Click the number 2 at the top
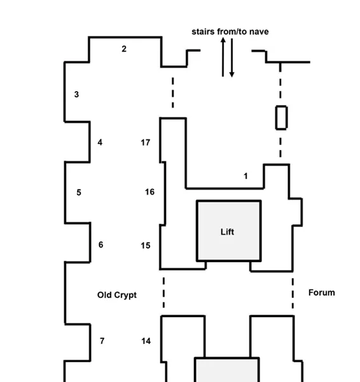(x=124, y=49)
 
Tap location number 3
(x=76, y=94)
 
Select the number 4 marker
(x=100, y=142)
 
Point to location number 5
(x=79, y=192)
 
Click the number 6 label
(x=100, y=244)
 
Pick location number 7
(x=102, y=341)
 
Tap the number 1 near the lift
(x=246, y=176)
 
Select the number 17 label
(x=146, y=143)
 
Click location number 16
(x=149, y=192)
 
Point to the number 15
(x=146, y=246)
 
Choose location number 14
(x=146, y=341)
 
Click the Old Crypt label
(x=117, y=295)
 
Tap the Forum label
(x=322, y=293)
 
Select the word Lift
(x=227, y=232)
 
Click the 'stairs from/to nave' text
(x=230, y=32)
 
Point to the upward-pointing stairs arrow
(x=223, y=57)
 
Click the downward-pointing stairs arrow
(x=232, y=58)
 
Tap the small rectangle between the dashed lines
(x=281, y=118)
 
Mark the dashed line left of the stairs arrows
(x=173, y=92)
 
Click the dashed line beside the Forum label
(x=293, y=294)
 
